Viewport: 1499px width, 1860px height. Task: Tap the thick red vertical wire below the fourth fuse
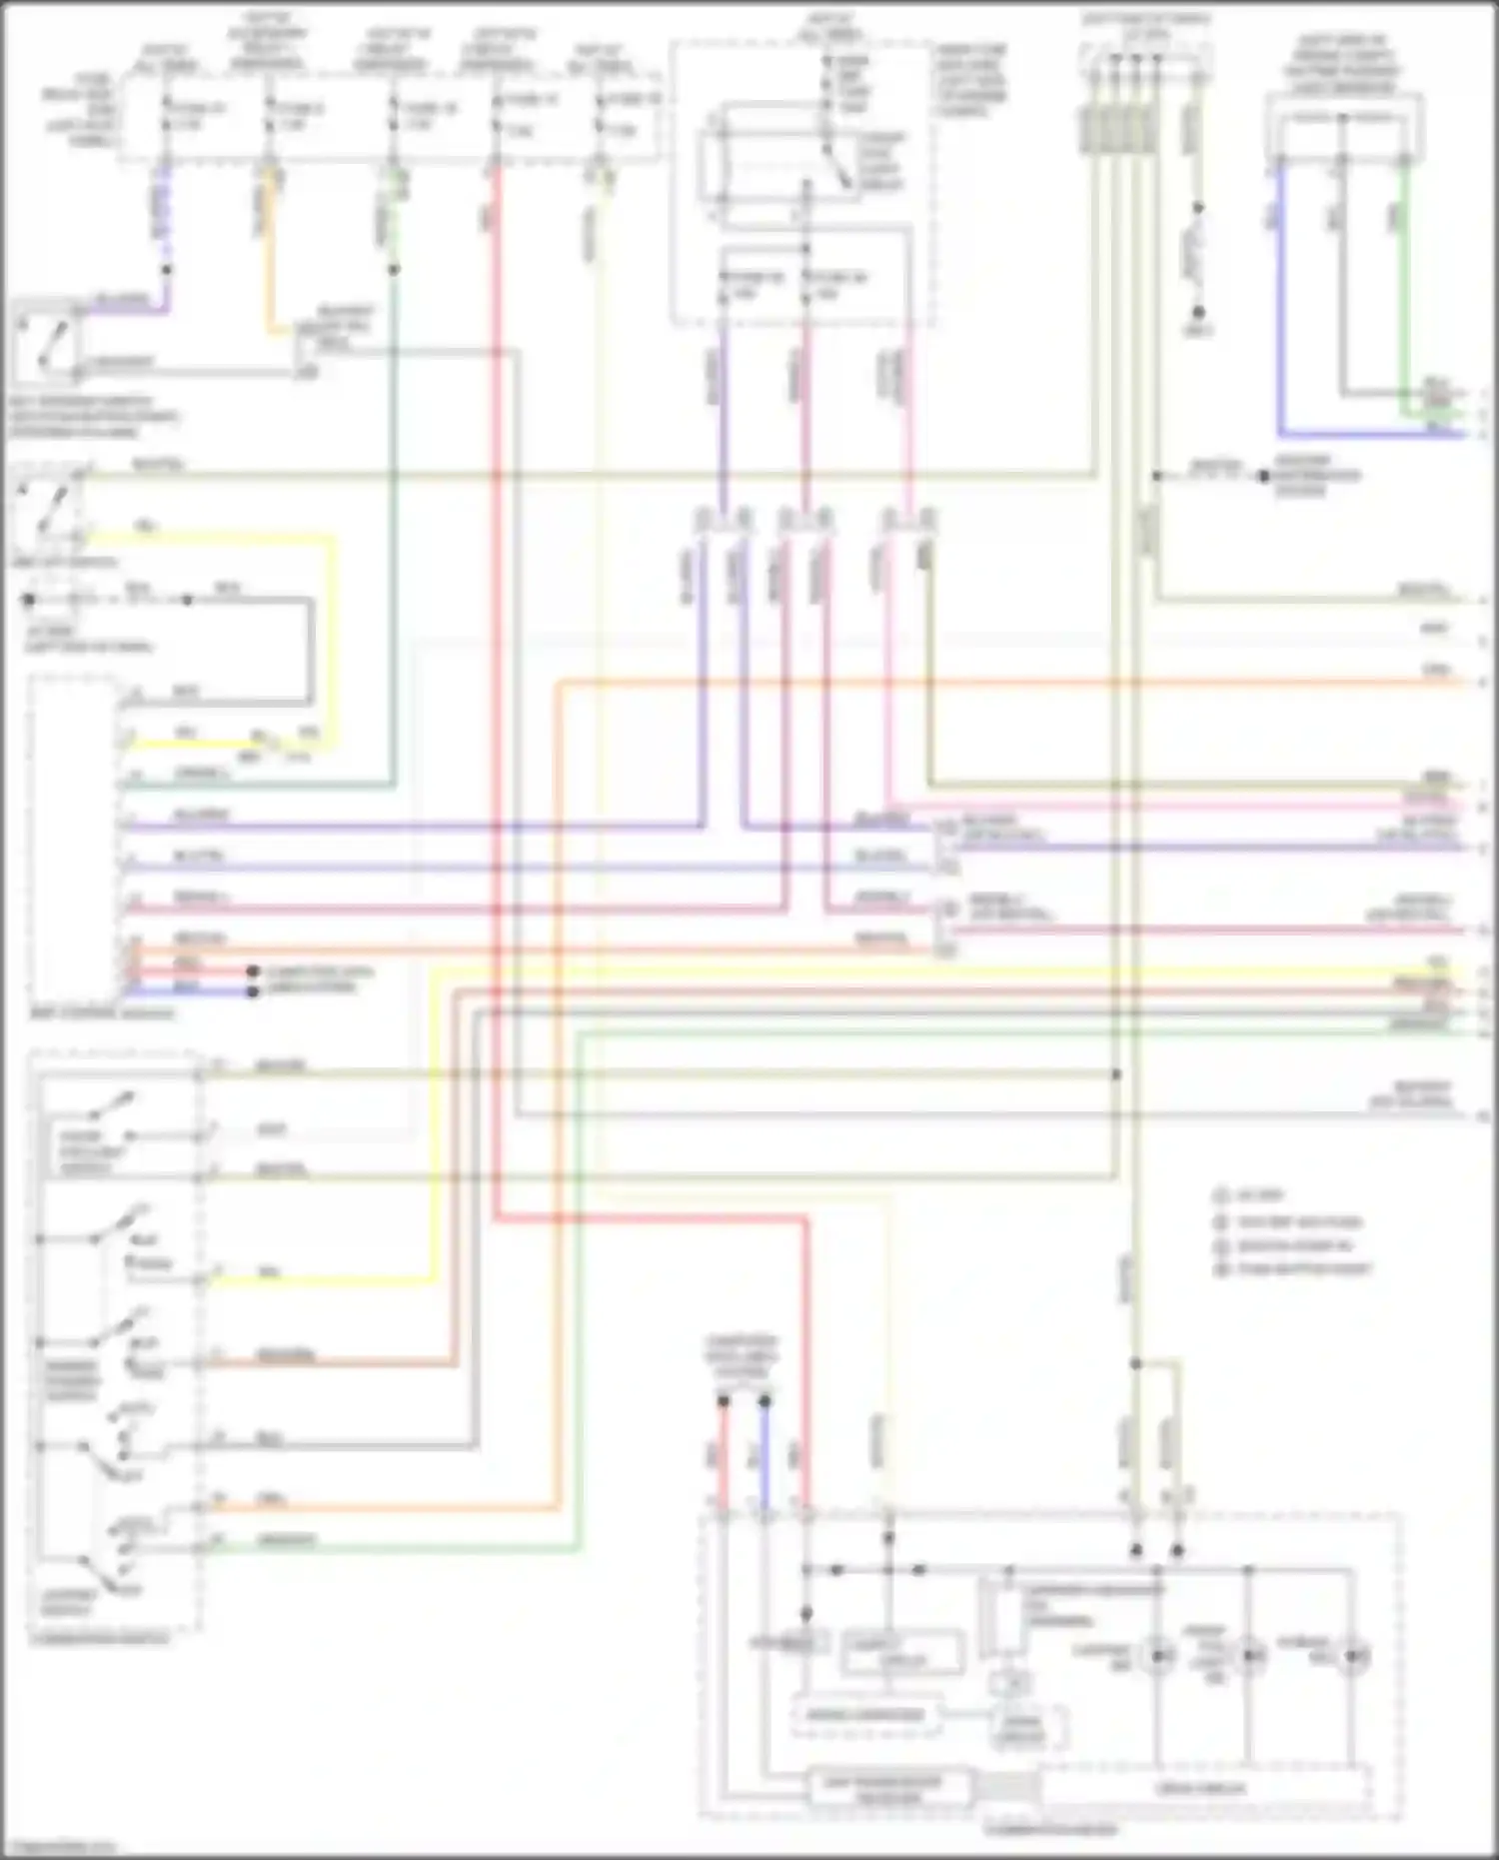[496, 600]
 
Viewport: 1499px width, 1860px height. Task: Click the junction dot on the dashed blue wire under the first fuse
[167, 270]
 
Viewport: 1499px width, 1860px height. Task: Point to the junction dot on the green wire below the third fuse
[394, 270]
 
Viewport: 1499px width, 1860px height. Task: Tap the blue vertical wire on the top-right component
[1281, 300]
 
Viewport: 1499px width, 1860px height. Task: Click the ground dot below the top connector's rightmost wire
[1198, 312]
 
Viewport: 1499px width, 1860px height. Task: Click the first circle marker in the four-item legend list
[1220, 1195]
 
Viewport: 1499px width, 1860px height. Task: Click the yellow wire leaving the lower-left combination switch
[320, 1280]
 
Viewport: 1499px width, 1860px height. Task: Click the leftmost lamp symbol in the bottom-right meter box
[1158, 1656]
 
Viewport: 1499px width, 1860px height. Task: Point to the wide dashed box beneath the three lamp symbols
[1203, 1788]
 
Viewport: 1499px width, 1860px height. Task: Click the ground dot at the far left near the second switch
[29, 601]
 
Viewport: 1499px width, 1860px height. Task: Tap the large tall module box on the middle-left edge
[73, 845]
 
